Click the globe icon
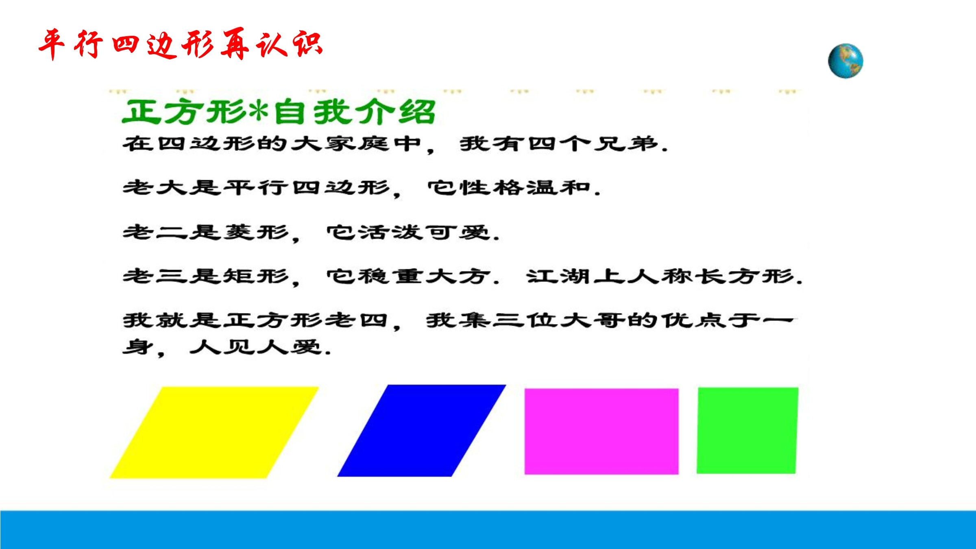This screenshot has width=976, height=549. pos(845,61)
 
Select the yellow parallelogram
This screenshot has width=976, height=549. pos(214,432)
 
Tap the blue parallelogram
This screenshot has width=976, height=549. pos(422,431)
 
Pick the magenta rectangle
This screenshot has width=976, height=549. pos(601,431)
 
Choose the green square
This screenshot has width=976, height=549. pos(747,431)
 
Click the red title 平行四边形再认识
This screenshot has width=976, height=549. pos(181,44)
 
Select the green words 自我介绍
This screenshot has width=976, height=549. pos(355,111)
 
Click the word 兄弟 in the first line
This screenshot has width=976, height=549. pos(626,144)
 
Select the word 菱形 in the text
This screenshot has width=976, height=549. pos(257,232)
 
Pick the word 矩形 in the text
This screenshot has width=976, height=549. pos(257,276)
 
